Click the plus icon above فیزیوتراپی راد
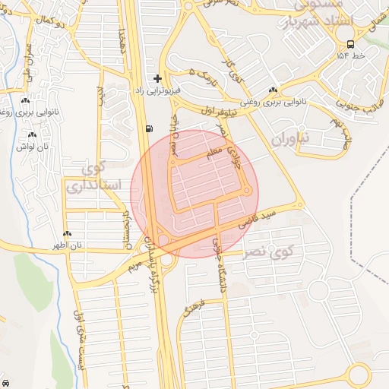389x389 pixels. (158, 78)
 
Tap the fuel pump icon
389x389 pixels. (147, 128)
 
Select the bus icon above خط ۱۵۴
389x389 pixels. (350, 44)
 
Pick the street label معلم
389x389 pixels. (215, 153)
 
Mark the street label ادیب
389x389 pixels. (100, 96)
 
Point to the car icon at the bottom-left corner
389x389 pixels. (5, 383)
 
